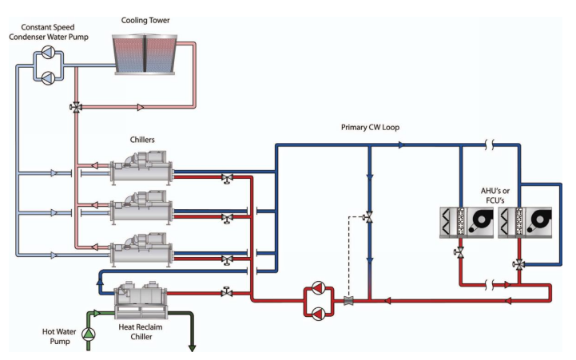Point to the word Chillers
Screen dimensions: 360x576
pos(142,140)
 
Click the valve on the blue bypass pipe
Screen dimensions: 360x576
pos(368,217)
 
